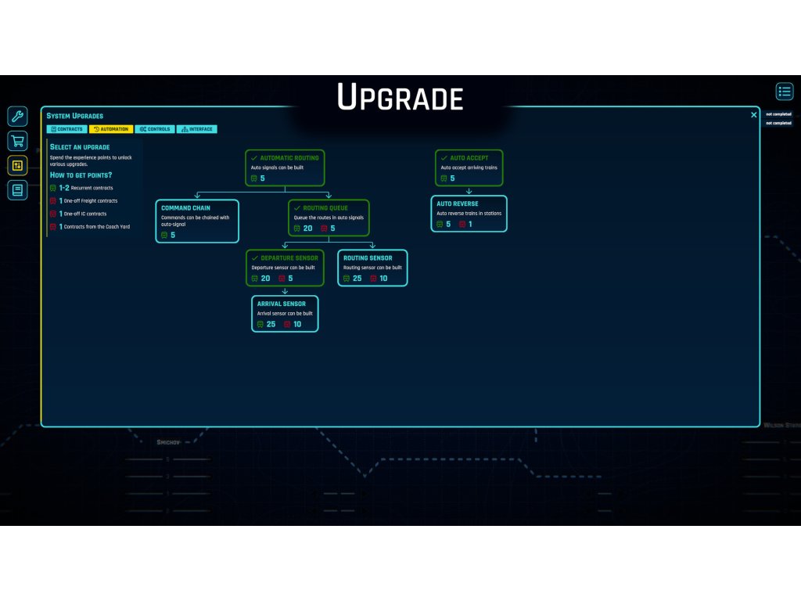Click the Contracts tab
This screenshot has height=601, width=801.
coord(66,129)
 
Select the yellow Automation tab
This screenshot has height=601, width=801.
coord(111,129)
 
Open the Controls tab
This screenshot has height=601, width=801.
coord(155,129)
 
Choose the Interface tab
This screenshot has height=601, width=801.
coord(197,129)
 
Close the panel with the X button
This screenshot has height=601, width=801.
coord(754,115)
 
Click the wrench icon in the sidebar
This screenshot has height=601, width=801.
coord(17,117)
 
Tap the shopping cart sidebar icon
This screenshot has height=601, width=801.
coord(17,141)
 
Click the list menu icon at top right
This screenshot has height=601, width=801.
coord(785,92)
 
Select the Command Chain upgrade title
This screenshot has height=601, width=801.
coord(186,208)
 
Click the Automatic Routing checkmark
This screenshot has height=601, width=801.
coord(254,158)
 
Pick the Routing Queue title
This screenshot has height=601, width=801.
coord(325,208)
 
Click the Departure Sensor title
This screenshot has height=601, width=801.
coord(289,257)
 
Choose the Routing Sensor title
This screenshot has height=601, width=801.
coord(368,257)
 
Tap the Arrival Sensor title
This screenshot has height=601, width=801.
coord(281,304)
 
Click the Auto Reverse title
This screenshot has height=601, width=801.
coord(458,204)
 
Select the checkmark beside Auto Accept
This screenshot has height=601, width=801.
coord(444,158)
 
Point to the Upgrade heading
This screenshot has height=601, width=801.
coord(400,99)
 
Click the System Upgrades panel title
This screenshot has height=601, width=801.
coord(75,116)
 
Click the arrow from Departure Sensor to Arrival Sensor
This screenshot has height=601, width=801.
coord(285,291)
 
